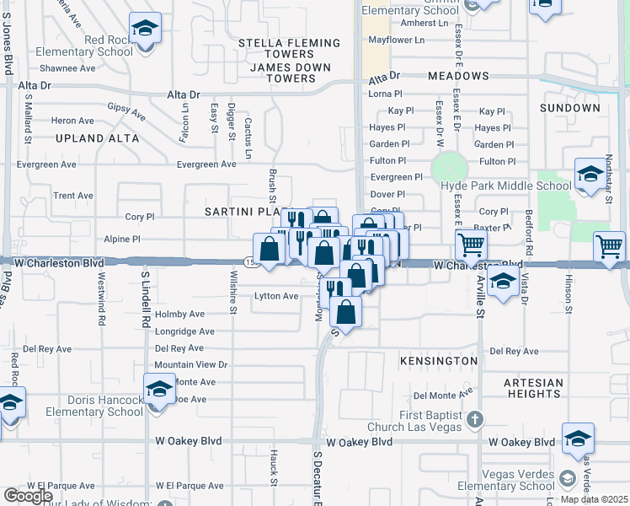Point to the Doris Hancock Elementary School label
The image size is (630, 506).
point(90,406)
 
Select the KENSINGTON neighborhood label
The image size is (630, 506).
point(438,361)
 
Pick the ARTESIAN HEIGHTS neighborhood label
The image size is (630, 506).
point(533,389)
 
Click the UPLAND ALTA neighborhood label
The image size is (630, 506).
point(97,138)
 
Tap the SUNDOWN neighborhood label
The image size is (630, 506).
point(569,108)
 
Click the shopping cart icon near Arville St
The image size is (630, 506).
point(471,245)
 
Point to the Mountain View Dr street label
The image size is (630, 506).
point(191,364)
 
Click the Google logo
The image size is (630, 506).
point(28,496)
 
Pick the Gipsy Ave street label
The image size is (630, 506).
point(126,110)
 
